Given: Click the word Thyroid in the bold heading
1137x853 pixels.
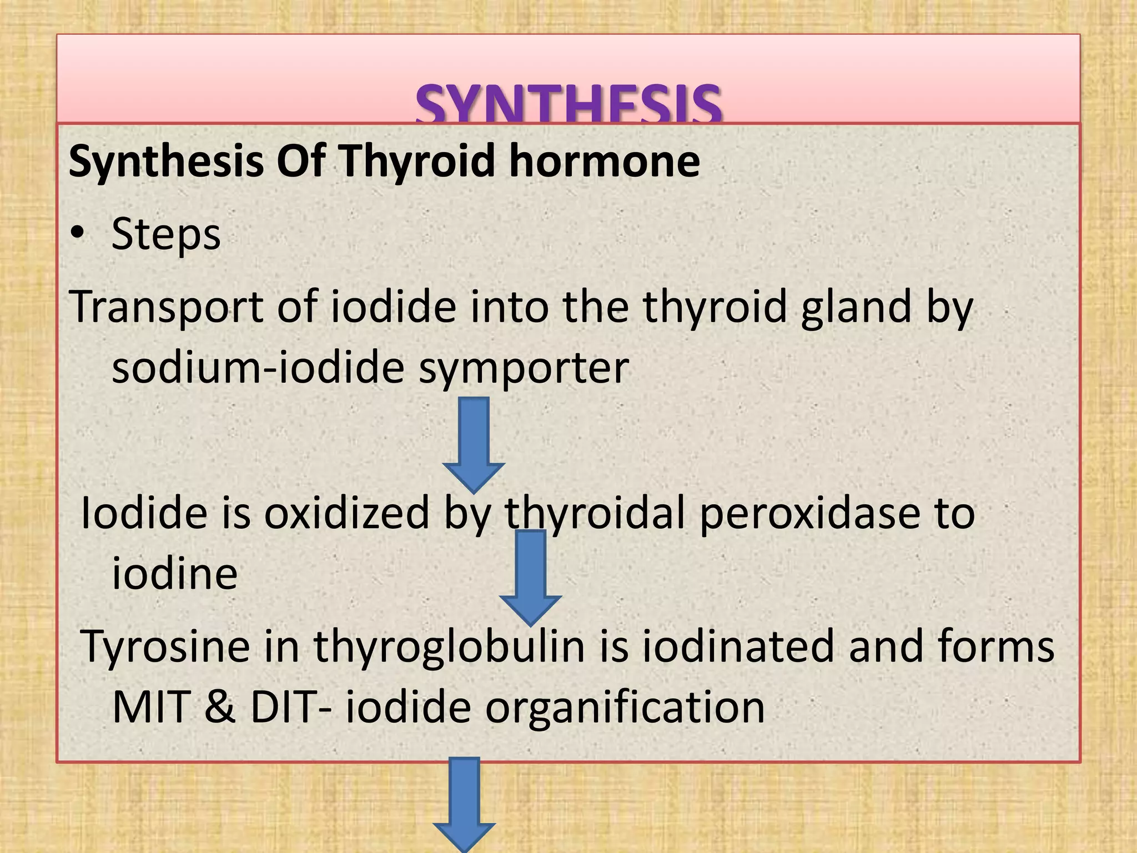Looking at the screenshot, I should tap(417, 160).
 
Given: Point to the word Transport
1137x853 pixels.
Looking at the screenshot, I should tap(166, 307).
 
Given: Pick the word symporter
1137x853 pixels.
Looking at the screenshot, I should tap(524, 368).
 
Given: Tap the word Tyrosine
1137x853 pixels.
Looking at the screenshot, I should tap(165, 647).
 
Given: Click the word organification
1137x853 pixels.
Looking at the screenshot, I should tap(625, 708).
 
